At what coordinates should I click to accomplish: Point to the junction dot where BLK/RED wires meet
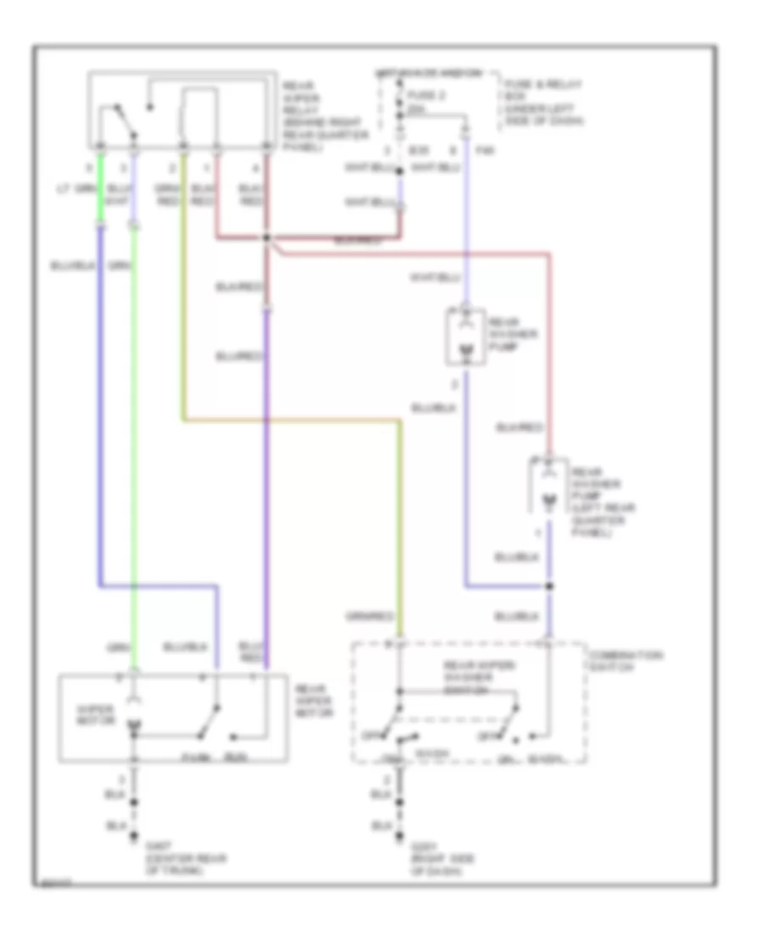(x=266, y=238)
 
